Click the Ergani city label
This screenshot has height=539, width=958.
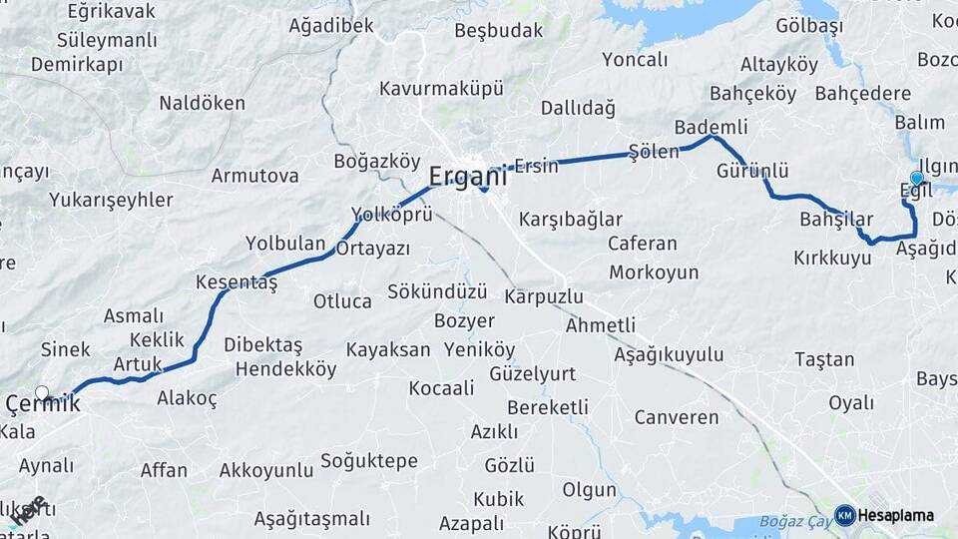pos(467,177)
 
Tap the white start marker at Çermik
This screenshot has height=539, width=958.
pos(42,393)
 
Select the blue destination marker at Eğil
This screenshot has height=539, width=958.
pos(916,178)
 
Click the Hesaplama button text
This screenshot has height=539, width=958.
pos(896,515)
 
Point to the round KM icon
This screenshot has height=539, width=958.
pos(844,515)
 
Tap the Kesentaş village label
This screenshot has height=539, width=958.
pos(236,282)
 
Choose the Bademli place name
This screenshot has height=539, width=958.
pos(711,127)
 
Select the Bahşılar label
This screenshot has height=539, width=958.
pos(836,219)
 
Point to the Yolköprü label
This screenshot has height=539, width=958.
pos(391,215)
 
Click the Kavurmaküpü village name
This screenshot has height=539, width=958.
pos(441,88)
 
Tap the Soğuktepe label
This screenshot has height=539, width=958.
pos(369,461)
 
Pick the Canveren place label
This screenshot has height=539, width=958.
pos(677,416)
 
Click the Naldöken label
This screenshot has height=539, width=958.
pos(202,103)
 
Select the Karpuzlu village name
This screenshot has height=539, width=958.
pos(544,296)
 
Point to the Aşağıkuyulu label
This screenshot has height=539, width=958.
pos(669,354)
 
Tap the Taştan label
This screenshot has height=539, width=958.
pos(824,359)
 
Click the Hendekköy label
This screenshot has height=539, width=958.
pos(285,369)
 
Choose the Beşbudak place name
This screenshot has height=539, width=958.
pos(498,30)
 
